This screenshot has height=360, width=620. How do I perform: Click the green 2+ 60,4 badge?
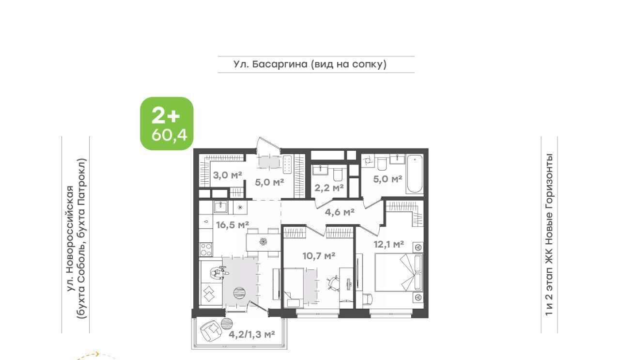coord(167,124)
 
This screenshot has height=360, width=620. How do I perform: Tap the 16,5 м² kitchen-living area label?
coord(232,225)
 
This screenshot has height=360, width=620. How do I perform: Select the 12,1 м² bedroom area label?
coord(388,244)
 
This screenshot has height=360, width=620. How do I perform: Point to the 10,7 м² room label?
coord(319,256)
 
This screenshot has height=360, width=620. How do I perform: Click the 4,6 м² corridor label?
coord(340,212)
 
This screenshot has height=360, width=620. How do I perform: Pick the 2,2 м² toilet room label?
coord(329,188)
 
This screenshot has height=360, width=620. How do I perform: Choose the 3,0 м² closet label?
coord(228,175)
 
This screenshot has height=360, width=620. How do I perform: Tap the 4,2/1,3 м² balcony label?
coord(251,334)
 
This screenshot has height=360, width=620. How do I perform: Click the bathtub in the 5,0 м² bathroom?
coord(415,173)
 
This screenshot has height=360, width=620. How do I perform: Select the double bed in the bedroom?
coord(399,272)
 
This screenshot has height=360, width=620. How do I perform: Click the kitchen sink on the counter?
coord(220,207)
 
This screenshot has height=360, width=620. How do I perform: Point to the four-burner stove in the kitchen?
coord(206,250)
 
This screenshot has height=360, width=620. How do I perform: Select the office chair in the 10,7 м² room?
coord(333,283)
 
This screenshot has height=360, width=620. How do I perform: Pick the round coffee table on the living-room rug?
coord(239,293)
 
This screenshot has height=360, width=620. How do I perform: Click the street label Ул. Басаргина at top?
coord(270,64)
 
